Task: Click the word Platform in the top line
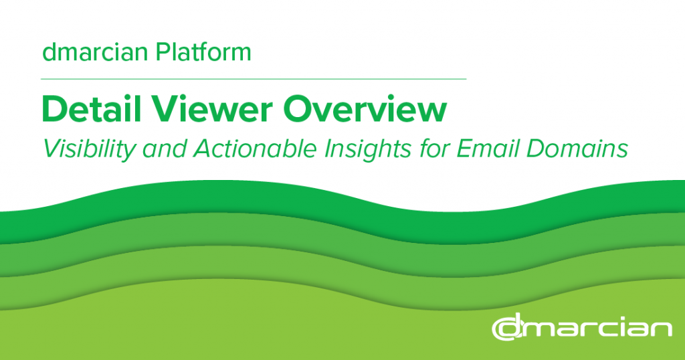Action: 203,52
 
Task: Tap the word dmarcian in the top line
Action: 95,52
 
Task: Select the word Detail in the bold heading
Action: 92,109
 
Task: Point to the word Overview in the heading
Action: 365,109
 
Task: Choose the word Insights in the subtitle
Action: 368,149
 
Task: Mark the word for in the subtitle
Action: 433,149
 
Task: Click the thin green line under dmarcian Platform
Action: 254,79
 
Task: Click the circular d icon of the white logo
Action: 508,328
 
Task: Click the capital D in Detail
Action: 55,109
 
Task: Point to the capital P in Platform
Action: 163,52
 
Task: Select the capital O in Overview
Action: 298,109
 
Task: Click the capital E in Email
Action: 465,149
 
